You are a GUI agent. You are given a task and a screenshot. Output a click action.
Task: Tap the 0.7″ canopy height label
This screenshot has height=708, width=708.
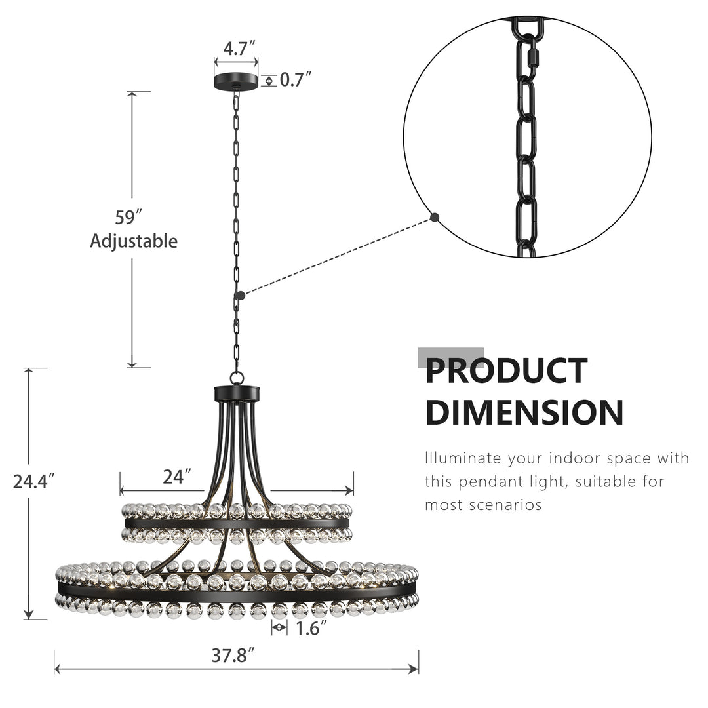(x=296, y=80)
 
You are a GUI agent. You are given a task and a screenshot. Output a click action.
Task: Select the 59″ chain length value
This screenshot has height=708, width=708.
(x=129, y=218)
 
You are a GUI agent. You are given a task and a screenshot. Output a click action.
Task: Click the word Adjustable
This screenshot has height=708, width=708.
(x=134, y=241)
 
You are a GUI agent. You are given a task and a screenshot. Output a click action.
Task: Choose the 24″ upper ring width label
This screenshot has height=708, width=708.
(x=178, y=476)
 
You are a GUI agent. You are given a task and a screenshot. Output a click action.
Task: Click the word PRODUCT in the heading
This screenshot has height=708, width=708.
(x=506, y=371)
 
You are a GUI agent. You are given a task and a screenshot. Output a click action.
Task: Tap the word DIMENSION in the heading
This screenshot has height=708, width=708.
(x=524, y=413)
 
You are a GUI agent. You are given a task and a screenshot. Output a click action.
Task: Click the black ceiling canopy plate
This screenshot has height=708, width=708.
(x=236, y=81)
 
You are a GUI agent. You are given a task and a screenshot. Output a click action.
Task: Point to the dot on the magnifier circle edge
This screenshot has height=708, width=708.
(x=435, y=217)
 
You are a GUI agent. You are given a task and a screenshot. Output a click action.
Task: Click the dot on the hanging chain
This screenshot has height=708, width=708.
(x=241, y=296)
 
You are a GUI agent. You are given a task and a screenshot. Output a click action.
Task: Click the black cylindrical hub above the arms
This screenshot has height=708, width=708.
(x=237, y=394)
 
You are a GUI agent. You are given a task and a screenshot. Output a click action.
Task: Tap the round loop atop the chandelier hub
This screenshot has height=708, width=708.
(x=237, y=378)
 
